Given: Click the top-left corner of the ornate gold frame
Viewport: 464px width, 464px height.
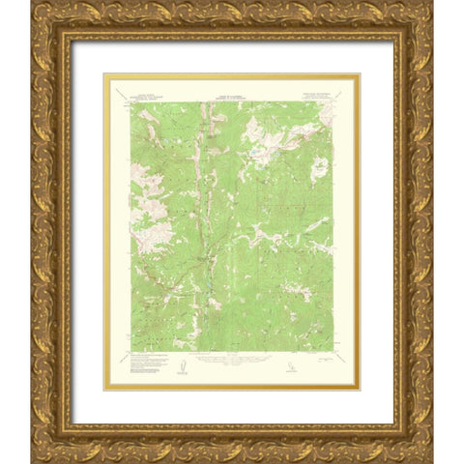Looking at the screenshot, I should pyautogui.click(x=31, y=2).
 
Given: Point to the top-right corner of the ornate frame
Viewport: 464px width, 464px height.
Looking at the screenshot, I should pyautogui.click(x=432, y=2).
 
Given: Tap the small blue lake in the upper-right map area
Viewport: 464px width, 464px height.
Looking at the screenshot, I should pyautogui.click(x=253, y=152).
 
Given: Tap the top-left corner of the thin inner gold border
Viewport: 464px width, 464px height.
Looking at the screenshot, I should pyautogui.click(x=103, y=73).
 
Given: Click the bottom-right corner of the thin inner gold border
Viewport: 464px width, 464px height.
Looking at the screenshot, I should pyautogui.click(x=360, y=391).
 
